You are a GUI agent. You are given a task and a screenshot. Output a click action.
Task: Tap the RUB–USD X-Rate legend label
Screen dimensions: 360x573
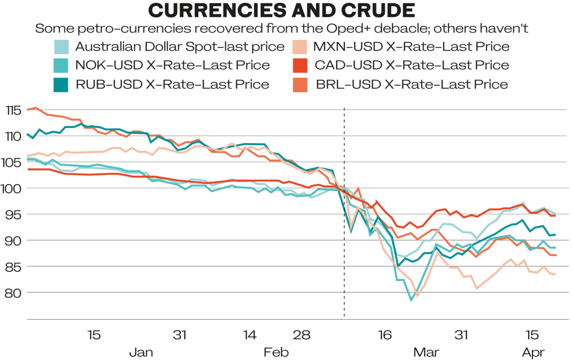coord(172,85)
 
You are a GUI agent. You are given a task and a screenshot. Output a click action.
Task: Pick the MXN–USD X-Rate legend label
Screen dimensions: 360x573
coord(412,47)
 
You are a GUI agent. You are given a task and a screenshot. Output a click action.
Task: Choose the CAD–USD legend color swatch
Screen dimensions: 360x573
coord(299,65)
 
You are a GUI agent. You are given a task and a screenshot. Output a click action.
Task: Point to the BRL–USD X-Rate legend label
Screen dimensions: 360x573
coord(411,85)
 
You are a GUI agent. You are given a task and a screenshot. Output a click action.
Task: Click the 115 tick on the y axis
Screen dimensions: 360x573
coord(14,111)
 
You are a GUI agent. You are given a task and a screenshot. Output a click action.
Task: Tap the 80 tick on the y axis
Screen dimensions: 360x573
coord(15,292)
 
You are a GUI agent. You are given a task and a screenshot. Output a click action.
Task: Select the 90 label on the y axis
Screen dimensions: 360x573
coord(15,241)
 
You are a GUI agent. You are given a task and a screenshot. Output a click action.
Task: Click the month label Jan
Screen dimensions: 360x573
coord(142,353)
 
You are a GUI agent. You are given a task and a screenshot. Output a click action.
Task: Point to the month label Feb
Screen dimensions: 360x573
coord(276,353)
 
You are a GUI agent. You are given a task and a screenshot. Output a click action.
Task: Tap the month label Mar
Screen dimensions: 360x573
coord(426,353)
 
